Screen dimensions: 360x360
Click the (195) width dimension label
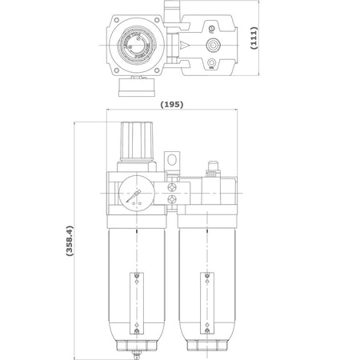pyautogui.click(x=172, y=104)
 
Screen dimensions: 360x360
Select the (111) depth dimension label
pyautogui.click(x=254, y=38)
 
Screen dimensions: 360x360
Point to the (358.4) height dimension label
pyautogui.click(x=70, y=241)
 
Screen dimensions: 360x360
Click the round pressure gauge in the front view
pyautogui.click(x=136, y=194)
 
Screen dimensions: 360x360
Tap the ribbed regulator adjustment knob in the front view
pyautogui.click(x=137, y=141)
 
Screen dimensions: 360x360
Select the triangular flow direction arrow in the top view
pyautogui.click(x=185, y=46)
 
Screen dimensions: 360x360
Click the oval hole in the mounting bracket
pyautogui.click(x=172, y=160)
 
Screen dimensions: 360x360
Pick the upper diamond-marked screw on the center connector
pyautogui.click(x=172, y=187)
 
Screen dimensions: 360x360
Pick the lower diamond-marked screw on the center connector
pyautogui.click(x=172, y=199)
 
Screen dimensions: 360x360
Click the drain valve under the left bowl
pyautogui.click(x=136, y=355)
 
